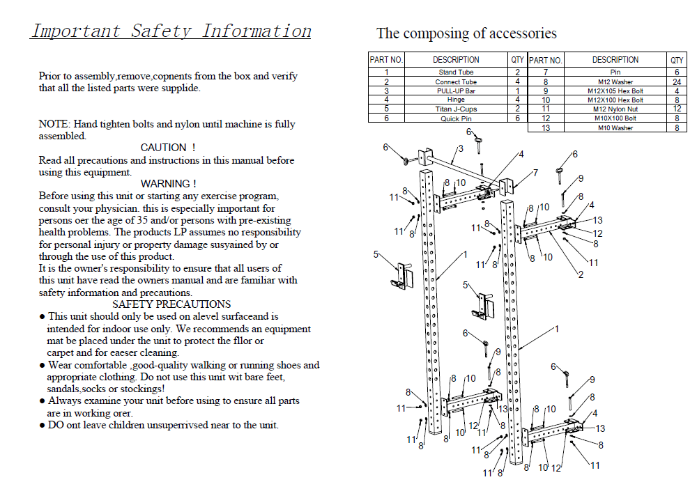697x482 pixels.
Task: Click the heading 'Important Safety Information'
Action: click(x=171, y=31)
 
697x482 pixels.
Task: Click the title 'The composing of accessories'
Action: click(x=466, y=33)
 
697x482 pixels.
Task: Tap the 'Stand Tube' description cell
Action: click(x=456, y=72)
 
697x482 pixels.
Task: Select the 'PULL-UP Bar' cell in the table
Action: click(x=456, y=91)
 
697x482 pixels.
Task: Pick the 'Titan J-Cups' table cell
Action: click(x=456, y=109)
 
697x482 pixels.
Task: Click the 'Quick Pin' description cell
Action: click(x=456, y=118)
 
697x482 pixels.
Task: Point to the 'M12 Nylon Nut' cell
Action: click(x=615, y=109)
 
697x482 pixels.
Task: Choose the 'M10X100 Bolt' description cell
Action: click(x=615, y=118)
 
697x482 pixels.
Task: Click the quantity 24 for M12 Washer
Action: click(x=676, y=81)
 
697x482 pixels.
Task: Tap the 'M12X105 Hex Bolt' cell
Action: click(x=615, y=91)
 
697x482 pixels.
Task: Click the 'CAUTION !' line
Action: click(x=168, y=148)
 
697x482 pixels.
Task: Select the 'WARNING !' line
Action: click(x=168, y=184)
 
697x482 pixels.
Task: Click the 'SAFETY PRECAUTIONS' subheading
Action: click(x=171, y=304)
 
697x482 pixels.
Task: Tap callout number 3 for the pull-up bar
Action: click(x=461, y=148)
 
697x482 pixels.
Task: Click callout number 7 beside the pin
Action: click(x=535, y=172)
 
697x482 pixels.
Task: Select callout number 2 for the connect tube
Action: click(x=580, y=274)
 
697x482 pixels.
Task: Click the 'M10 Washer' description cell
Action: click(x=615, y=127)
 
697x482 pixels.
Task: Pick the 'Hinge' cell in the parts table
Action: click(x=456, y=100)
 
